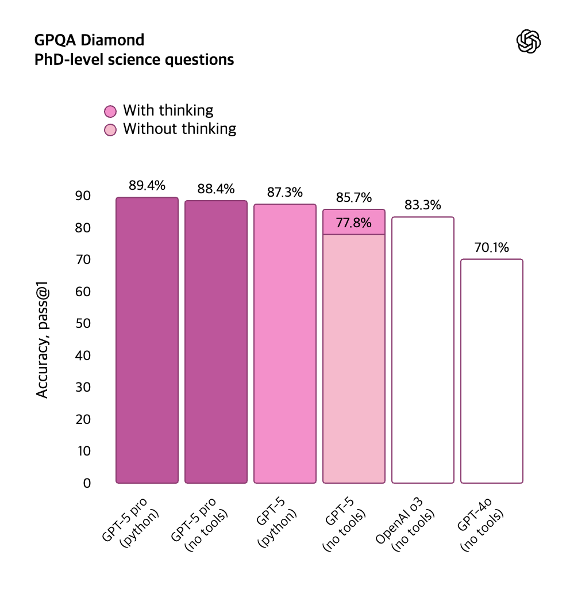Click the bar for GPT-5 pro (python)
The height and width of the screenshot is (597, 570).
[147, 340]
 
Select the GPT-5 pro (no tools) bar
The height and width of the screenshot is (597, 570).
[216, 342]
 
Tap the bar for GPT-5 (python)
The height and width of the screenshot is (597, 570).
[285, 343]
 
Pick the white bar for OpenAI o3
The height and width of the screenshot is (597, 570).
[423, 350]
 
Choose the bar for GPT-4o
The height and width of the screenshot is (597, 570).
[492, 371]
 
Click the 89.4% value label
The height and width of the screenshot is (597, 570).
[147, 185]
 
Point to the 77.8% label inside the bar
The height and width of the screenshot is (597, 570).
[354, 223]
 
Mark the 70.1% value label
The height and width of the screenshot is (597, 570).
[492, 248]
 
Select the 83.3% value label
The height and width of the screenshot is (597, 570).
[423, 205]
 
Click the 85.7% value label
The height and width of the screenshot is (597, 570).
[354, 198]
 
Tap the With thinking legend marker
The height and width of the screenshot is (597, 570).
[110, 110]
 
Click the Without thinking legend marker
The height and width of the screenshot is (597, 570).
[110, 129]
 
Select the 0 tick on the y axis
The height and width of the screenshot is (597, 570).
[87, 483]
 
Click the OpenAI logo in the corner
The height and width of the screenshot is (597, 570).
[529, 42]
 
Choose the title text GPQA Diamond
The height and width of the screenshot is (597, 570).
[90, 40]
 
